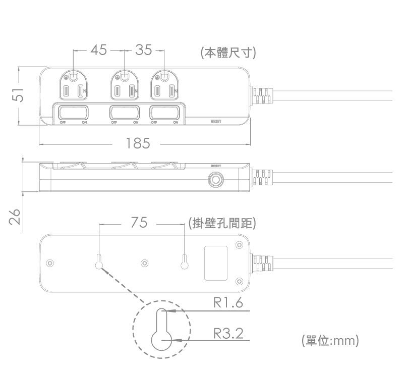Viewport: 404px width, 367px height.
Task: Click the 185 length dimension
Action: (138, 144)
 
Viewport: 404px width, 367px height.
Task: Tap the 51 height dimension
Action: (18, 95)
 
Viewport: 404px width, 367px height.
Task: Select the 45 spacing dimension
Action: (99, 50)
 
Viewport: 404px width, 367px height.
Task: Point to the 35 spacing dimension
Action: (143, 50)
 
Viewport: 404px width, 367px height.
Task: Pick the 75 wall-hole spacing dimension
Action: (139, 223)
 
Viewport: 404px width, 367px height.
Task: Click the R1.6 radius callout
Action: (228, 303)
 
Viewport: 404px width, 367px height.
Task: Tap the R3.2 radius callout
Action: (228, 334)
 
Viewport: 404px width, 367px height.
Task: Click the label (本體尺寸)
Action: (228, 53)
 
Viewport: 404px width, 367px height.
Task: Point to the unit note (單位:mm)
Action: (330, 341)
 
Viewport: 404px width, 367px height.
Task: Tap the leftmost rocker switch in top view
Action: (73, 112)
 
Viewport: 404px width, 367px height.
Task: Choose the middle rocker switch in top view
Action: (125, 112)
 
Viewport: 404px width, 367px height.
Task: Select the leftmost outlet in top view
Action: (73, 85)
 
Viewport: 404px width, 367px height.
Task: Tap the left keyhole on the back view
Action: (99, 263)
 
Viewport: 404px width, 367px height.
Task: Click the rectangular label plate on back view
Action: (215, 263)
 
